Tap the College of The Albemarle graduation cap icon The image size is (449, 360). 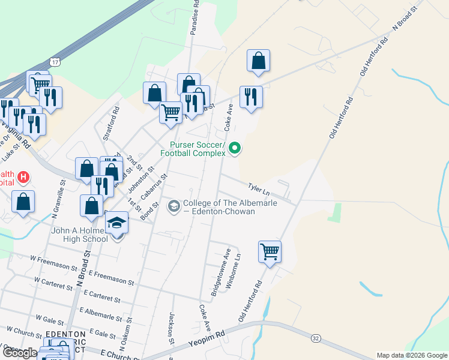click(x=174, y=206)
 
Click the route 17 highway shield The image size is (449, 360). click(x=55, y=62)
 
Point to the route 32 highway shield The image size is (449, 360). click(x=315, y=338)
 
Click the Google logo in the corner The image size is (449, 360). click(x=19, y=353)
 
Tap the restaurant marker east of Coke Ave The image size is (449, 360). click(x=251, y=97)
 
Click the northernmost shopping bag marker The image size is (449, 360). click(x=258, y=61)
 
